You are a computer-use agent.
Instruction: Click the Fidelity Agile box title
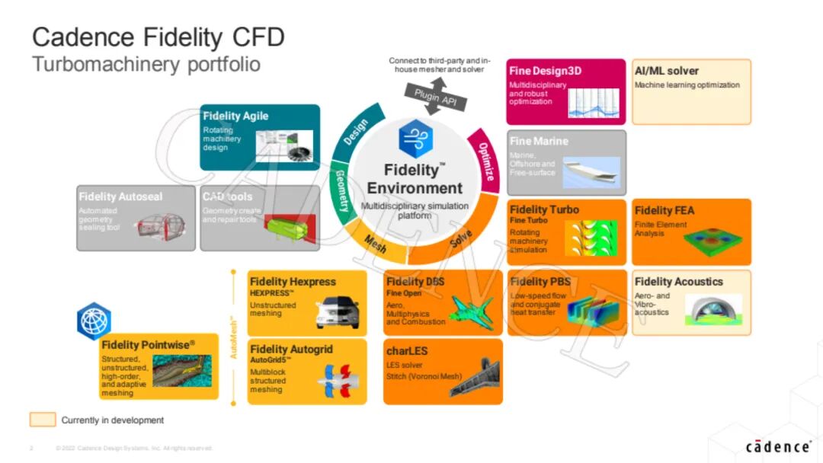point(235,117)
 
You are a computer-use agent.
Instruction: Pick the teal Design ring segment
point(355,133)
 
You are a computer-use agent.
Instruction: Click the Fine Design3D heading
point(545,71)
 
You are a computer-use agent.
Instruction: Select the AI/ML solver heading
point(666,71)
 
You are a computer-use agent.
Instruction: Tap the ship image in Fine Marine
point(591,172)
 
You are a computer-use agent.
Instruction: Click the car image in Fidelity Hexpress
point(337,310)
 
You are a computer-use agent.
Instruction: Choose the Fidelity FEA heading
point(664,210)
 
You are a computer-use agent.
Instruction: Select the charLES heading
point(406,351)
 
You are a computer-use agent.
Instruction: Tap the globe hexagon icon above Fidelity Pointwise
point(94,321)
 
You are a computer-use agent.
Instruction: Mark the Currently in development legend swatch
point(43,420)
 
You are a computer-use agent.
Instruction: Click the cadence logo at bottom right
point(777,446)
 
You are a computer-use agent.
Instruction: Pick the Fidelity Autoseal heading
point(120,196)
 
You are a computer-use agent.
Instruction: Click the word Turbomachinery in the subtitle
point(104,65)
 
